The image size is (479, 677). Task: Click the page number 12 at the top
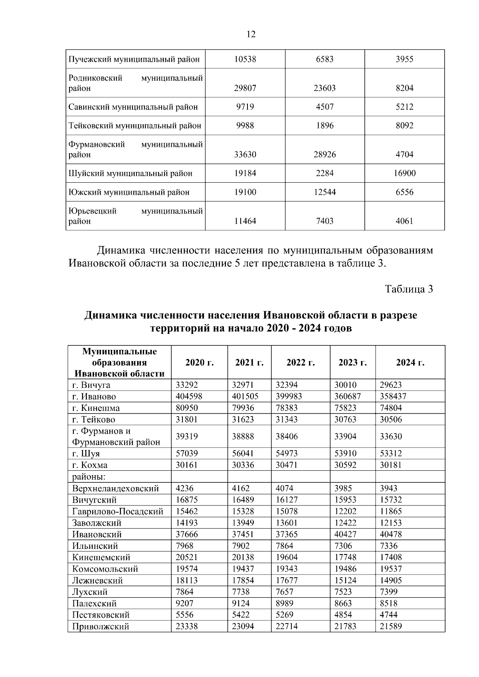(x=251, y=34)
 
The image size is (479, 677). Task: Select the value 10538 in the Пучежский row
(x=245, y=59)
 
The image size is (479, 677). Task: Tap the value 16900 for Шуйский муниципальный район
(x=404, y=173)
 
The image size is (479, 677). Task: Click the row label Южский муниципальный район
(x=129, y=192)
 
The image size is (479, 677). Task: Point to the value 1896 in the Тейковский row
(x=325, y=126)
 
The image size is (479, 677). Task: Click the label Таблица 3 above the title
(x=409, y=289)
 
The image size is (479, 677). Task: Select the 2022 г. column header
(x=301, y=363)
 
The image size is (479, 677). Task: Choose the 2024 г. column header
(x=410, y=363)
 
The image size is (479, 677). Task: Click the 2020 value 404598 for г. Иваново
(x=189, y=397)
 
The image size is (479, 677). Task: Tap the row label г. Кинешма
(x=96, y=408)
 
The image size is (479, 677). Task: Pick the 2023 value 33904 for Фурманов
(x=345, y=436)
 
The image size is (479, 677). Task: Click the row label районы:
(x=89, y=477)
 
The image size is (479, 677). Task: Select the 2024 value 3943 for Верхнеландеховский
(x=388, y=488)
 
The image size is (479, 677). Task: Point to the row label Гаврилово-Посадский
(x=118, y=511)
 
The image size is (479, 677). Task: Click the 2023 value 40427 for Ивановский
(x=345, y=534)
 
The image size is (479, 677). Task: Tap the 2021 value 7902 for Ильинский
(x=241, y=546)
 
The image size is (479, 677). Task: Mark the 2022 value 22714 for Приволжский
(x=286, y=626)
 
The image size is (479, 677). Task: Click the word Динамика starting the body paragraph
(x=120, y=251)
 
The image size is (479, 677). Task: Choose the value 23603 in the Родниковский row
(x=325, y=88)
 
